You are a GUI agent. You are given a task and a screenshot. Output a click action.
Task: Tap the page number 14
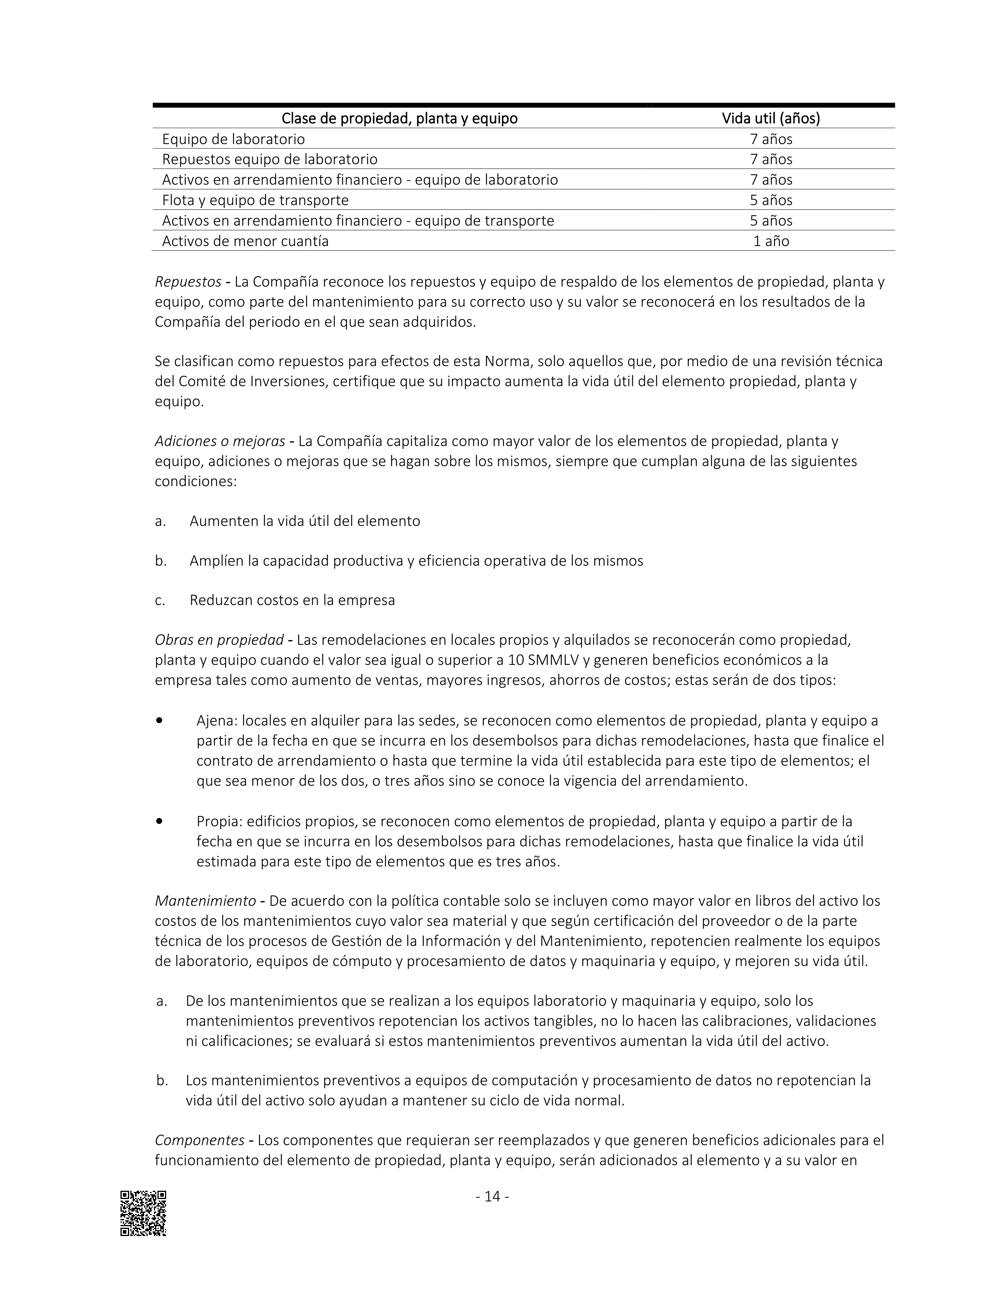pyautogui.click(x=493, y=1196)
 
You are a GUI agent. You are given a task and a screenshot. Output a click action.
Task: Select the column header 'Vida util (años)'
pyautogui.click(x=771, y=118)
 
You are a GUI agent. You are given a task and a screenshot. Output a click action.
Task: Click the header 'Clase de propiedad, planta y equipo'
pyautogui.click(x=399, y=118)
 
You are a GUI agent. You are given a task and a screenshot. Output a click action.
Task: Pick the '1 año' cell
pyautogui.click(x=771, y=241)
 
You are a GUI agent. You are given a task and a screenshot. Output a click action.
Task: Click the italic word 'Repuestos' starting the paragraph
pyautogui.click(x=188, y=282)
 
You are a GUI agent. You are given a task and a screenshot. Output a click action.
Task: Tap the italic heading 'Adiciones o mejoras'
pyautogui.click(x=219, y=441)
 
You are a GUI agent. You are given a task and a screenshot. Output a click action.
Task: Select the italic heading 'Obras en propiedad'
pyautogui.click(x=219, y=640)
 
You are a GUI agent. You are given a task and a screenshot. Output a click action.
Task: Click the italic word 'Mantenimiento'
pyautogui.click(x=205, y=901)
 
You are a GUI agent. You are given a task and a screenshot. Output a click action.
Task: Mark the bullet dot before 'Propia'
pyautogui.click(x=159, y=821)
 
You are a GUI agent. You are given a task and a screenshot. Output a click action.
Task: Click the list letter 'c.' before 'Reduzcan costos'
pyautogui.click(x=160, y=600)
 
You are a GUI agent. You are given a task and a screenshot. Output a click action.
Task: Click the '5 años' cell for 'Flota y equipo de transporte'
pyautogui.click(x=771, y=200)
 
